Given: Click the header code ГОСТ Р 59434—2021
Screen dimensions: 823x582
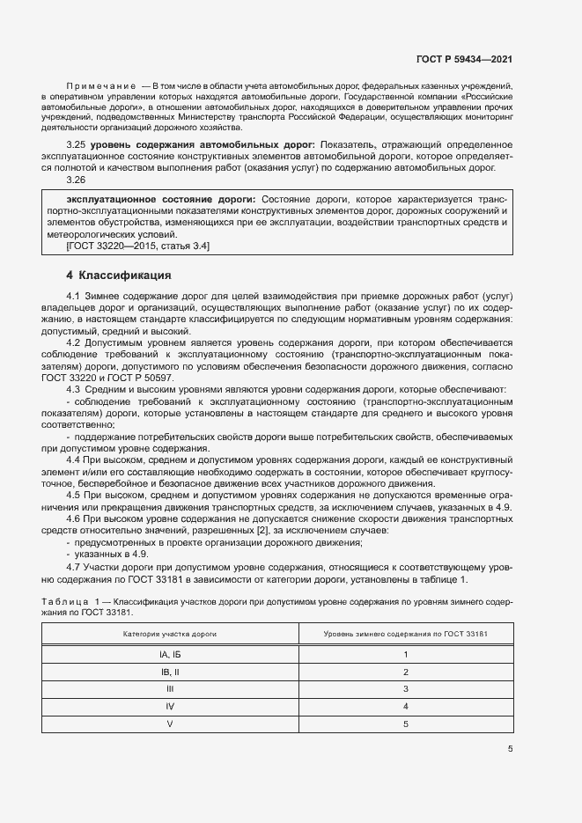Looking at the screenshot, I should (x=464, y=60).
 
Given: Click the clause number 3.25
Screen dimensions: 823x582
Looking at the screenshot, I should (x=77, y=143).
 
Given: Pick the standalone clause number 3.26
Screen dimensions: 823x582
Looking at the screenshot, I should (x=77, y=180).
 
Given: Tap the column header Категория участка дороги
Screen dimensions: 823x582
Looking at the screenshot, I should (x=170, y=634).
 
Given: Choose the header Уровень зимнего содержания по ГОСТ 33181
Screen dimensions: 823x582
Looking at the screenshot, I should (x=405, y=634).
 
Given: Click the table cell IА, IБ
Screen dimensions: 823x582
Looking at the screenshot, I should (x=170, y=655).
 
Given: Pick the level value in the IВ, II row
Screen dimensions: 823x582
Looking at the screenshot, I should (x=405, y=672).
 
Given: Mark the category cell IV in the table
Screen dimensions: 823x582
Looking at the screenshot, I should (x=170, y=706).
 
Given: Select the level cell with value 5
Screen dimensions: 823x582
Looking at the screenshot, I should (x=405, y=724).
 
